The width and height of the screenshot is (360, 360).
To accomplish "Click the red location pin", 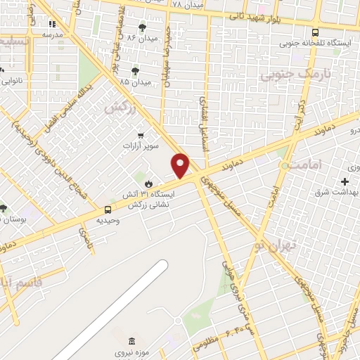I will click(x=181, y=165).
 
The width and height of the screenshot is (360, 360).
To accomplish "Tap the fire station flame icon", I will click(x=148, y=183).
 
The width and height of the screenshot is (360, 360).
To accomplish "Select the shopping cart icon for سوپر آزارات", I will click(x=141, y=134).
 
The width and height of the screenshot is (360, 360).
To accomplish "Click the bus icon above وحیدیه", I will click(x=108, y=209).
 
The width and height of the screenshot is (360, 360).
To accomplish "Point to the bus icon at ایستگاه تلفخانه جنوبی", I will click(x=314, y=32).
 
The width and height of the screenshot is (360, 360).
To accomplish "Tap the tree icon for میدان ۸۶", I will click(x=142, y=27).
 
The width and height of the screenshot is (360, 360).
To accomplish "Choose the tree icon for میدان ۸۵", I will click(x=135, y=70).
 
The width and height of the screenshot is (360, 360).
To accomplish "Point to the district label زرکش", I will click(x=119, y=108).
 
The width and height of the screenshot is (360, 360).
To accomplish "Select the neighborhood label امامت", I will click(x=308, y=165).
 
